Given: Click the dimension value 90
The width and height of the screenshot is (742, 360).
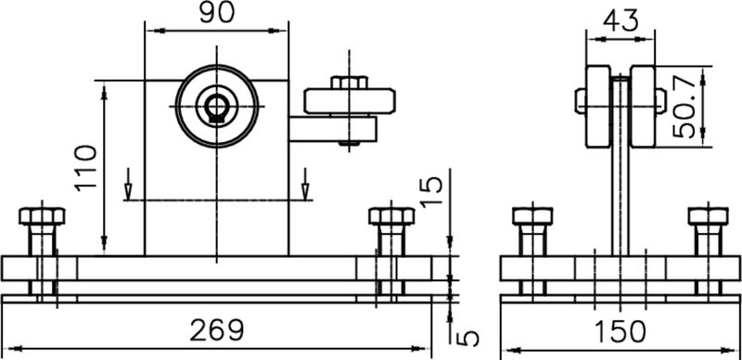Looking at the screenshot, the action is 216,13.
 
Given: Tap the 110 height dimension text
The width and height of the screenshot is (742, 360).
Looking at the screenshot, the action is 85,168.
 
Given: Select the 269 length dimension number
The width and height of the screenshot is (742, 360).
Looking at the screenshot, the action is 217,330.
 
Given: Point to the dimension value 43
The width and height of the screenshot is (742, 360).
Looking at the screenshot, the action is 620,20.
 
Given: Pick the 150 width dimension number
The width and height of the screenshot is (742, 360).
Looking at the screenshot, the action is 620,331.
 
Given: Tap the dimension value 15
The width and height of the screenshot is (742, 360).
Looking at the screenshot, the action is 431,191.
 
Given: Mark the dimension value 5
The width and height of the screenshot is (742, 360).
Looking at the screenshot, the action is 468,339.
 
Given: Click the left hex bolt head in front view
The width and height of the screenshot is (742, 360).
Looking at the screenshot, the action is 42,216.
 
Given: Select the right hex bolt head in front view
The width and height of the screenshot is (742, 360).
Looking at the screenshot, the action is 391,216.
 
